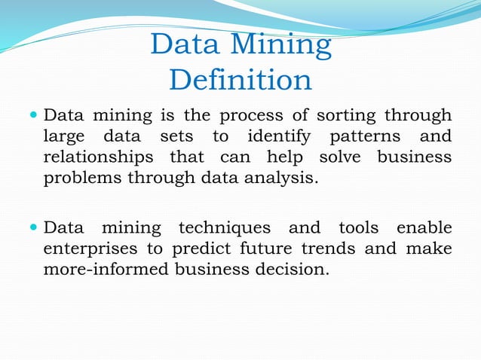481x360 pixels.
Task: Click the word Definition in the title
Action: [240, 80]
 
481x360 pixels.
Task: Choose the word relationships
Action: [98, 158]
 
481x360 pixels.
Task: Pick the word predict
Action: [210, 249]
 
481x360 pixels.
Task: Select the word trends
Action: [345, 249]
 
